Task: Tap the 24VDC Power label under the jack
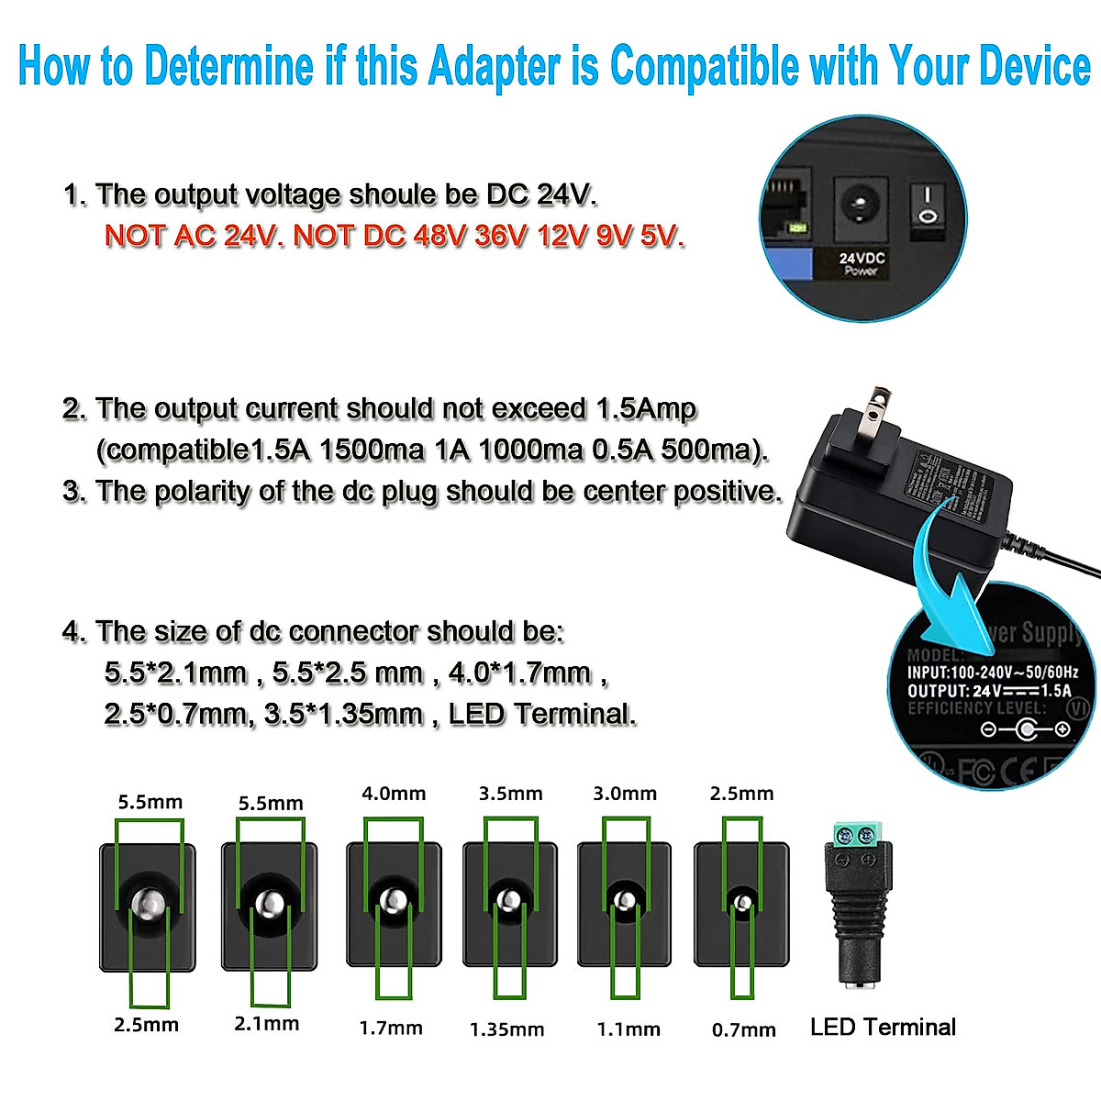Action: [862, 264]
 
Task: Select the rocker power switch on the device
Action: [929, 205]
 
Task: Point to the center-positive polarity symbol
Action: [1025, 729]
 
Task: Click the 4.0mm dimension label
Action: [394, 794]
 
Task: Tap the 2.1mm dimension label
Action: [267, 1024]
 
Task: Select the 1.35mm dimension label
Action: [506, 1029]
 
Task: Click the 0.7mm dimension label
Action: [744, 1029]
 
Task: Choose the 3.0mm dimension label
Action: [625, 794]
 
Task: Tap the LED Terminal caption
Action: [883, 1027]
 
